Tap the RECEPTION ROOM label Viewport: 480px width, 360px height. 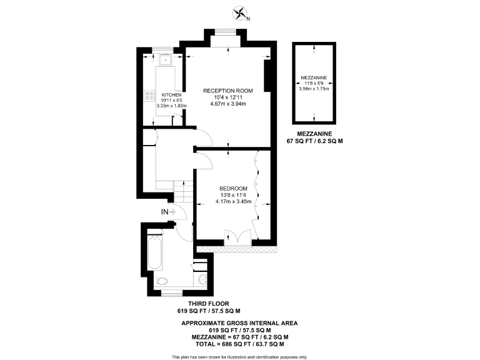228,91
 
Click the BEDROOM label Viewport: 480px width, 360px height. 233,189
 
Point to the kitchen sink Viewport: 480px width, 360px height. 166,61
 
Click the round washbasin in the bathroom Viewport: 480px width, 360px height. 203,279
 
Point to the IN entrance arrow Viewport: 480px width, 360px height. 169,212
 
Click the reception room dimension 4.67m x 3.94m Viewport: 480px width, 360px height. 228,104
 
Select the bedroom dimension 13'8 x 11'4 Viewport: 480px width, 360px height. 233,195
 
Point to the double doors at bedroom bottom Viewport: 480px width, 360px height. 238,237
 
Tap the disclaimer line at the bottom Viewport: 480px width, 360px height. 239,357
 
